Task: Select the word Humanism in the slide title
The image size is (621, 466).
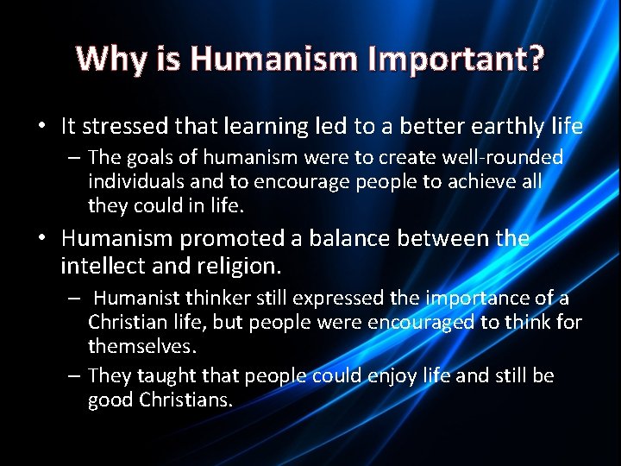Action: click(x=273, y=59)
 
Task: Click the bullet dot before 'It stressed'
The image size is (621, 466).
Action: click(x=41, y=127)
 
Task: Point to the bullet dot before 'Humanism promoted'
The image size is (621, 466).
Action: click(x=41, y=238)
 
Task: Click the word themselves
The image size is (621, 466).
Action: click(x=142, y=346)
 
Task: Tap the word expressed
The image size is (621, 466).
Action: click(x=339, y=299)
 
